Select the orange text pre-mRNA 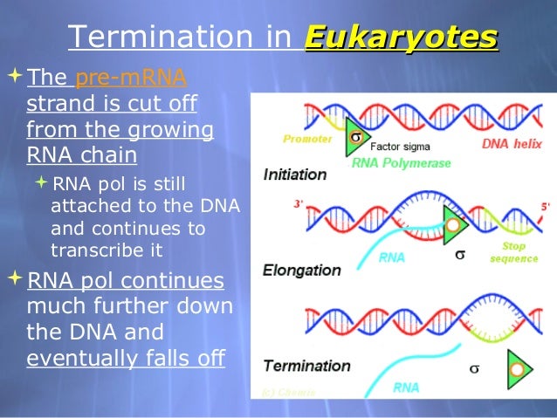pos(131,79)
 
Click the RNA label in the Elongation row pos(391,257)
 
